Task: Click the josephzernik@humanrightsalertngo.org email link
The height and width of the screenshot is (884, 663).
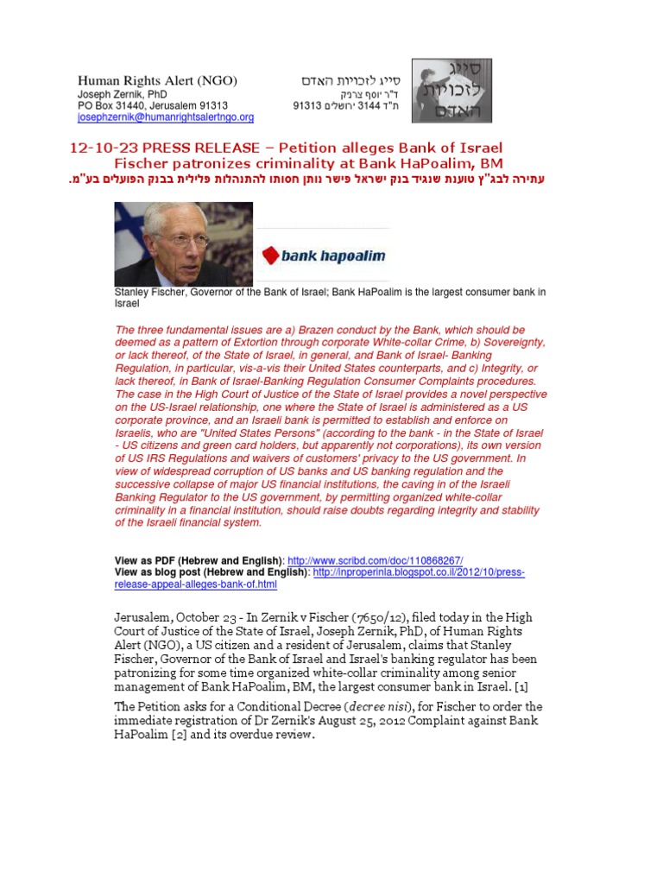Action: pos(166,117)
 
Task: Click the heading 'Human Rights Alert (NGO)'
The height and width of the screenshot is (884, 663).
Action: pos(157,81)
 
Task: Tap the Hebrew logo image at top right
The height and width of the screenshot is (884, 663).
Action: pos(451,91)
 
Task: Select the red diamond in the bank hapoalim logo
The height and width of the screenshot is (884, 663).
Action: pos(270,255)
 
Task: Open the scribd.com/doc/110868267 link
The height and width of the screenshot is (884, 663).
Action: pos(381,560)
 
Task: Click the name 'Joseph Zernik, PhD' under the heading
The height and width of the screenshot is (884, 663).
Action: pos(122,94)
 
